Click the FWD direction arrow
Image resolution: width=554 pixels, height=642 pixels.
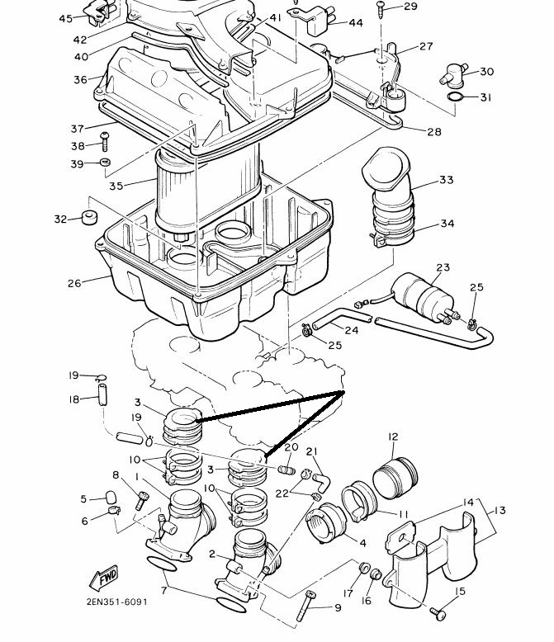click(x=104, y=578)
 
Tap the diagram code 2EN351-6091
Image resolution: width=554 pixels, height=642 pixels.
click(x=116, y=602)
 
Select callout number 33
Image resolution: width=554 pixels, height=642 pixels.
click(x=446, y=179)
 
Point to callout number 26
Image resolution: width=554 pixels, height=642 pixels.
click(x=74, y=283)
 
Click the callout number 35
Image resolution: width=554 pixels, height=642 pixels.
click(x=116, y=186)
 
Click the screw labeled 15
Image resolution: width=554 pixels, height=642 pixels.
click(x=438, y=613)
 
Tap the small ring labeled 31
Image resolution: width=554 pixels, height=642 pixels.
click(x=455, y=97)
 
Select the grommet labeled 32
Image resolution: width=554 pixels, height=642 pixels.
click(x=89, y=217)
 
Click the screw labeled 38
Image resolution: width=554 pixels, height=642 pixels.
click(x=105, y=141)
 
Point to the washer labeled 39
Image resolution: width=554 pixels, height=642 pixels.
click(x=105, y=162)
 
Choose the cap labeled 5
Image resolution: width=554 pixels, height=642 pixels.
click(x=111, y=498)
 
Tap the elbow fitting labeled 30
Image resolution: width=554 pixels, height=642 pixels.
click(x=453, y=76)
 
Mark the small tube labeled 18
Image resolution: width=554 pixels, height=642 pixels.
click(x=102, y=394)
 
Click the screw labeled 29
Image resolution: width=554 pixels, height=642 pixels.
click(x=381, y=9)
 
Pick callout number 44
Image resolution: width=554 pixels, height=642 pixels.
click(x=356, y=22)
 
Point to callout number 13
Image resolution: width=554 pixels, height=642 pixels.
click(x=500, y=510)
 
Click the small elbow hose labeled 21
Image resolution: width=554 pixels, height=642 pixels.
click(x=323, y=482)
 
